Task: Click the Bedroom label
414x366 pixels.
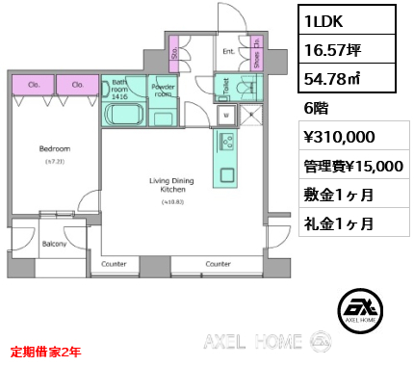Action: point(55,149)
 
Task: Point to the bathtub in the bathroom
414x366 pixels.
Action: point(123,116)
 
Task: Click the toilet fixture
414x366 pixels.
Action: point(245,88)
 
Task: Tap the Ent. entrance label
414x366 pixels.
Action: point(229,52)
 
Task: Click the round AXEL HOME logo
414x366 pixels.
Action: point(364,311)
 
